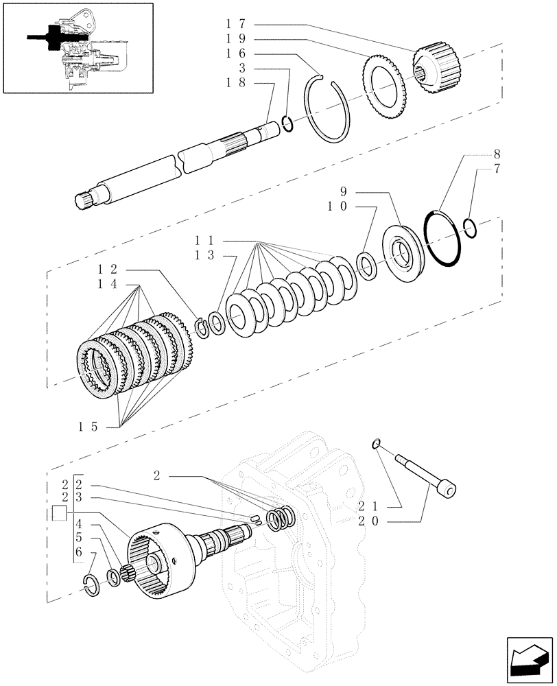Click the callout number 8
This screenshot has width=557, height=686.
pos(495,155)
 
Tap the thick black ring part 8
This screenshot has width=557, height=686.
pos(442,236)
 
